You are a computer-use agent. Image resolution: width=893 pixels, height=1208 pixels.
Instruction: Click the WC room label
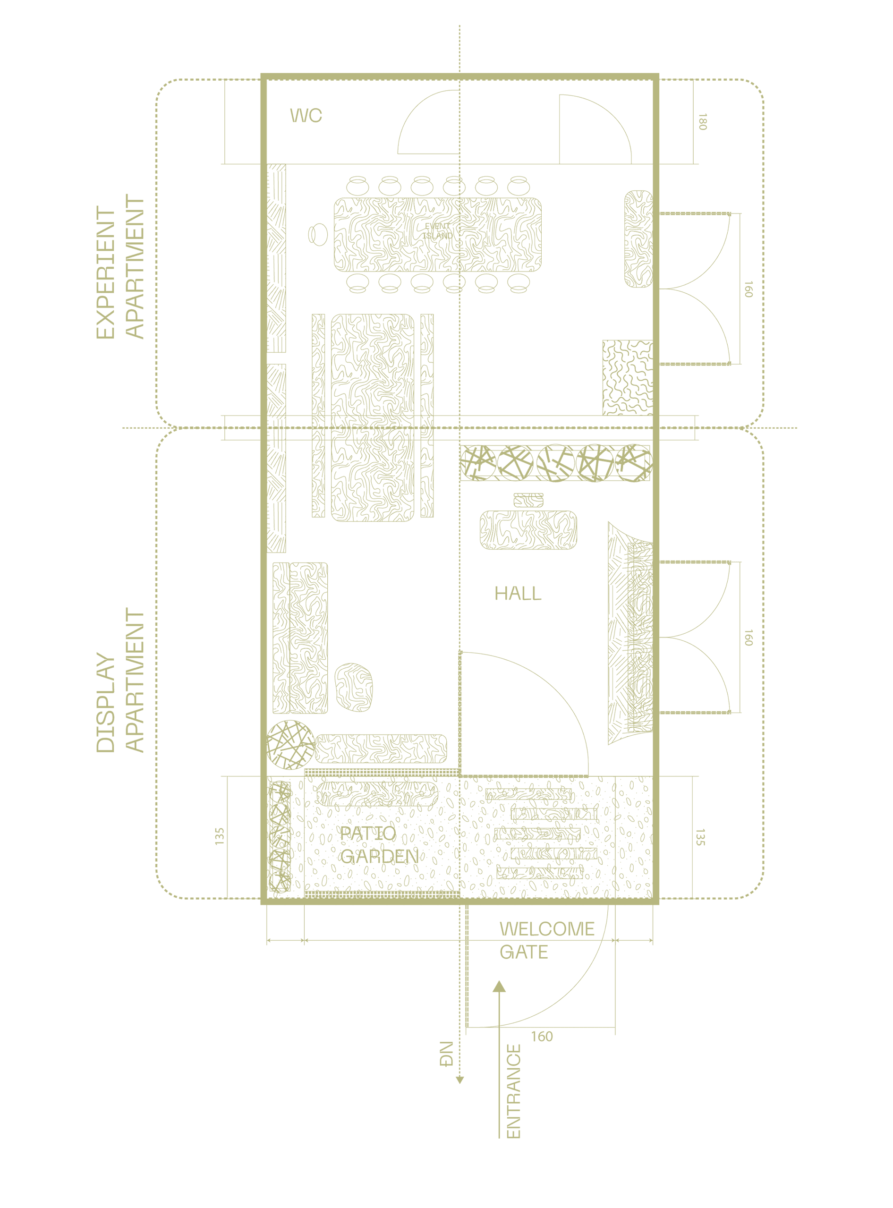click(x=306, y=116)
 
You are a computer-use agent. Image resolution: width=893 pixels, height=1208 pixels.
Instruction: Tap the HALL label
click(x=517, y=594)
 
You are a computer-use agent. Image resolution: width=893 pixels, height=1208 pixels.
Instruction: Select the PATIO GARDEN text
click(x=378, y=845)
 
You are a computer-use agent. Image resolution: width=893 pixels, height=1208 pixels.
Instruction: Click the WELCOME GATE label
click(x=546, y=940)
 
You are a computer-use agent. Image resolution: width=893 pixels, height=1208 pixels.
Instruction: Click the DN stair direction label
click(x=448, y=1054)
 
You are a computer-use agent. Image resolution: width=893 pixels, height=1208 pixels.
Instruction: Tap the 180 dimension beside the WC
click(x=702, y=122)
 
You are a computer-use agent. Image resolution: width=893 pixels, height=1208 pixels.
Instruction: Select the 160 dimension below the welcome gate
click(x=542, y=1037)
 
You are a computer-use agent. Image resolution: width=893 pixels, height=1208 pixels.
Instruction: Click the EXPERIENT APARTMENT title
click(x=120, y=269)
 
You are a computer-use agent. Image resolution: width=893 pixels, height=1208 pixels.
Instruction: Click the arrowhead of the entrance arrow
click(x=499, y=987)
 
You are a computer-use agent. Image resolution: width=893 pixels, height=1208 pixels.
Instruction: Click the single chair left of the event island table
click(x=318, y=235)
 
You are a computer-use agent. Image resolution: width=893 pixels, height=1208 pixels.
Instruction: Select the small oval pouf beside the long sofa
click(x=354, y=688)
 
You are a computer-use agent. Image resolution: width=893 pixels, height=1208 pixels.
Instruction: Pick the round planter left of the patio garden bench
click(x=290, y=744)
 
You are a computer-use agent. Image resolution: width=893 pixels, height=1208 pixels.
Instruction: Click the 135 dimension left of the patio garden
click(x=219, y=836)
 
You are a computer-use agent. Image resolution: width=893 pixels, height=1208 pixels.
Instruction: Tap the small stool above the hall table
click(x=528, y=500)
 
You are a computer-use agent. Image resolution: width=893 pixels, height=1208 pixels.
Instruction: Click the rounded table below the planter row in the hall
click(x=528, y=530)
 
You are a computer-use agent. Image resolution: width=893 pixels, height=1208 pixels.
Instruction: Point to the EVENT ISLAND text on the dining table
click(x=438, y=232)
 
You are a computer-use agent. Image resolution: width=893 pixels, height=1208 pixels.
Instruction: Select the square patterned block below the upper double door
click(x=627, y=377)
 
